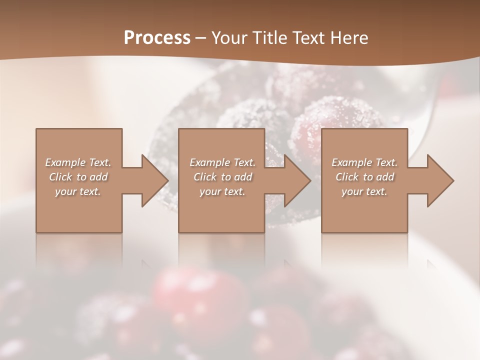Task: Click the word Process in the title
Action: (x=157, y=38)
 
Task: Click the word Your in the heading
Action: (x=229, y=38)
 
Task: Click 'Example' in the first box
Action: (x=65, y=162)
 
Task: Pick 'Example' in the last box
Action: (x=352, y=162)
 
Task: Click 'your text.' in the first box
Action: (x=78, y=191)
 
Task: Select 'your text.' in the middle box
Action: (x=222, y=191)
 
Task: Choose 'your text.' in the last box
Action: (x=364, y=191)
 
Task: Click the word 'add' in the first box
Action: (x=99, y=177)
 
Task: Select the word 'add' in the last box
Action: (x=385, y=177)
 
